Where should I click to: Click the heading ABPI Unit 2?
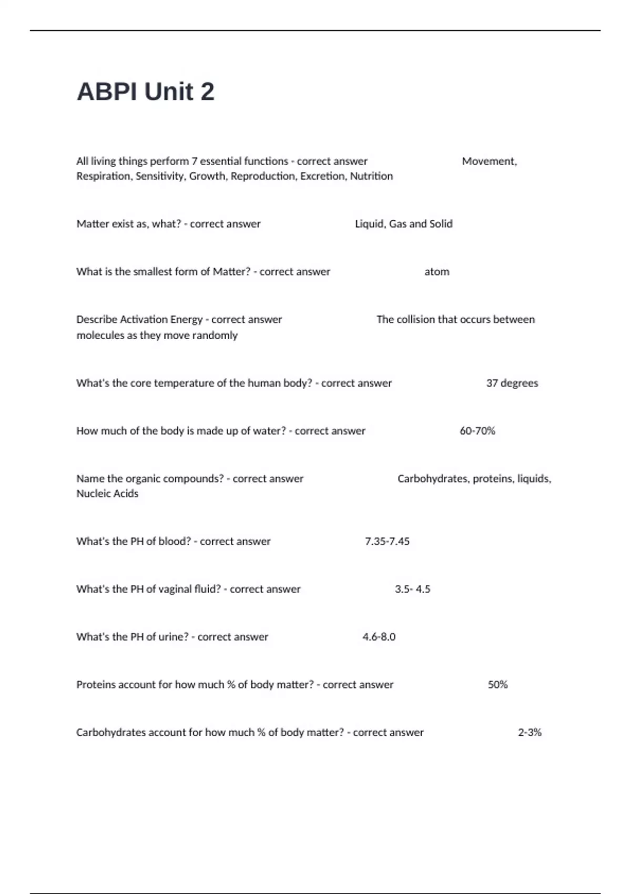(x=146, y=92)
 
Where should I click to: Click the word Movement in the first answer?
(x=488, y=161)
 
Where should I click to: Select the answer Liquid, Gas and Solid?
(x=403, y=224)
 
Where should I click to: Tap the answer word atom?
(x=436, y=272)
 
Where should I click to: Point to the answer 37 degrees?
(x=512, y=383)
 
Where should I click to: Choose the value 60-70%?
(x=477, y=431)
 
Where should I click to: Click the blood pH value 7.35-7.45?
(x=387, y=542)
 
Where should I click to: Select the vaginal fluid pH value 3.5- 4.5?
(x=412, y=590)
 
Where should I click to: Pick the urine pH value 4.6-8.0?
(x=379, y=637)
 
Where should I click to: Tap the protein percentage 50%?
(x=497, y=685)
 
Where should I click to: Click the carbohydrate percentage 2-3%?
(x=530, y=733)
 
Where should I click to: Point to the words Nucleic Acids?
(x=107, y=494)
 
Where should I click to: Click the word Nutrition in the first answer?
(x=371, y=176)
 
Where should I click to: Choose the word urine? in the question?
(x=173, y=637)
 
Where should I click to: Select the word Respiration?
(x=104, y=176)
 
